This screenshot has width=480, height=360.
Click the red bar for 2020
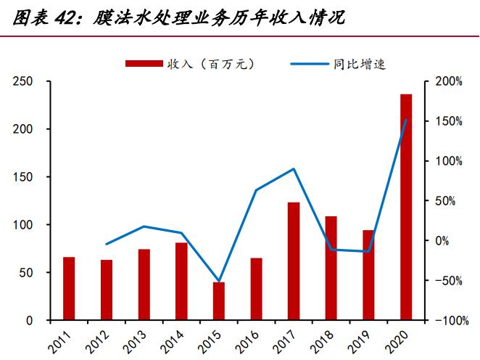click(x=406, y=207)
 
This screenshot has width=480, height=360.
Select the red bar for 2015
click(x=218, y=301)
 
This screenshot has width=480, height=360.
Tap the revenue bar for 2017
click(x=294, y=261)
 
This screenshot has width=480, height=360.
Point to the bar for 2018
click(x=331, y=268)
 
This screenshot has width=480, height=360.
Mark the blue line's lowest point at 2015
click(x=218, y=281)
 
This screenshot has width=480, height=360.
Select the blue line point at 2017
click(x=294, y=169)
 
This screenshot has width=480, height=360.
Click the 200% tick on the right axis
click(x=449, y=81)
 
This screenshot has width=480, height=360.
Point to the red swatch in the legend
click(x=144, y=65)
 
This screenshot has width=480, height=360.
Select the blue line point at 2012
click(x=107, y=244)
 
